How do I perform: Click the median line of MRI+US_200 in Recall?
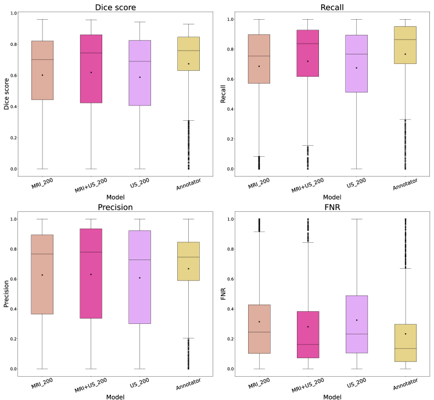(x=307, y=44)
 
